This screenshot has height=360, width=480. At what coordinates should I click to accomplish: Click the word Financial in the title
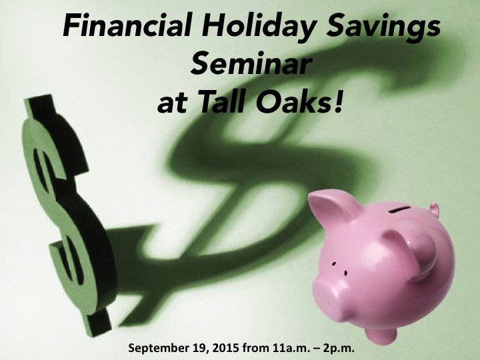point(128,25)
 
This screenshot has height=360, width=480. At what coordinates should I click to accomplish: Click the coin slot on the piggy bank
point(399,210)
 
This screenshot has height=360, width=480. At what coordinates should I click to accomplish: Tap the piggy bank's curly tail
point(435,210)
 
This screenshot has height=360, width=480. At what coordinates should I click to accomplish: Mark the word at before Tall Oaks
point(173,104)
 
